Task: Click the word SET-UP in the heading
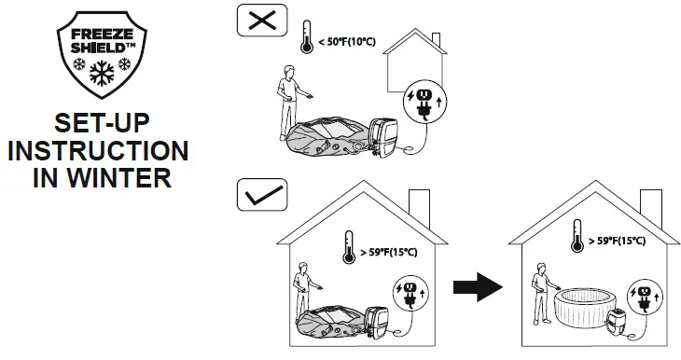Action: coord(100,124)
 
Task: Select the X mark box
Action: coord(260,21)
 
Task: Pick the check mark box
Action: coord(261,195)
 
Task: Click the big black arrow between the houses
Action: coord(477,286)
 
